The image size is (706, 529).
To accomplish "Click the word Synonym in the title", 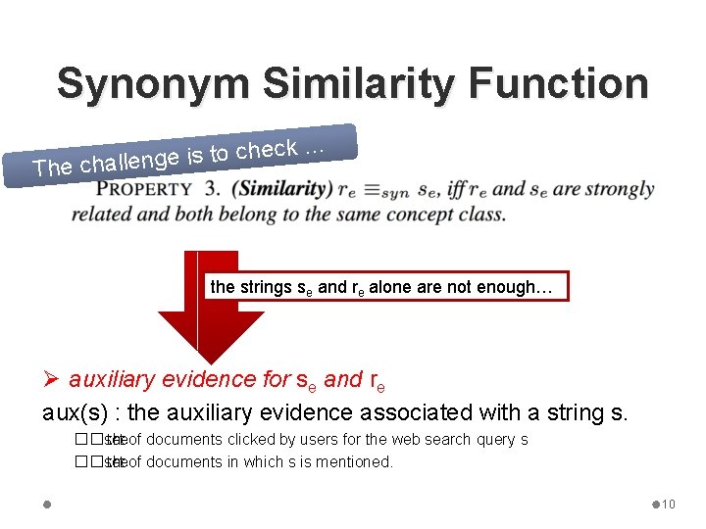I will click(x=153, y=84).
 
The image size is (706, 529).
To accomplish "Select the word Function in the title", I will click(x=558, y=84).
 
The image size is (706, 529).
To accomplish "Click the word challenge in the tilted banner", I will click(x=128, y=161).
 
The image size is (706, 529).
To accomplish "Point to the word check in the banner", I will click(x=266, y=150).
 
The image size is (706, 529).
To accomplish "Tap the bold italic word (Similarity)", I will click(x=284, y=188).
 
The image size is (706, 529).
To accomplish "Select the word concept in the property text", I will click(x=382, y=214).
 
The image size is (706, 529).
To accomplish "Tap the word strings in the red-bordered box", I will click(x=266, y=287).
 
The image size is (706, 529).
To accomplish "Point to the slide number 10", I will click(x=668, y=505).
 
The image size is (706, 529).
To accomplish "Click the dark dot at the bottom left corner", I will click(x=47, y=505).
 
